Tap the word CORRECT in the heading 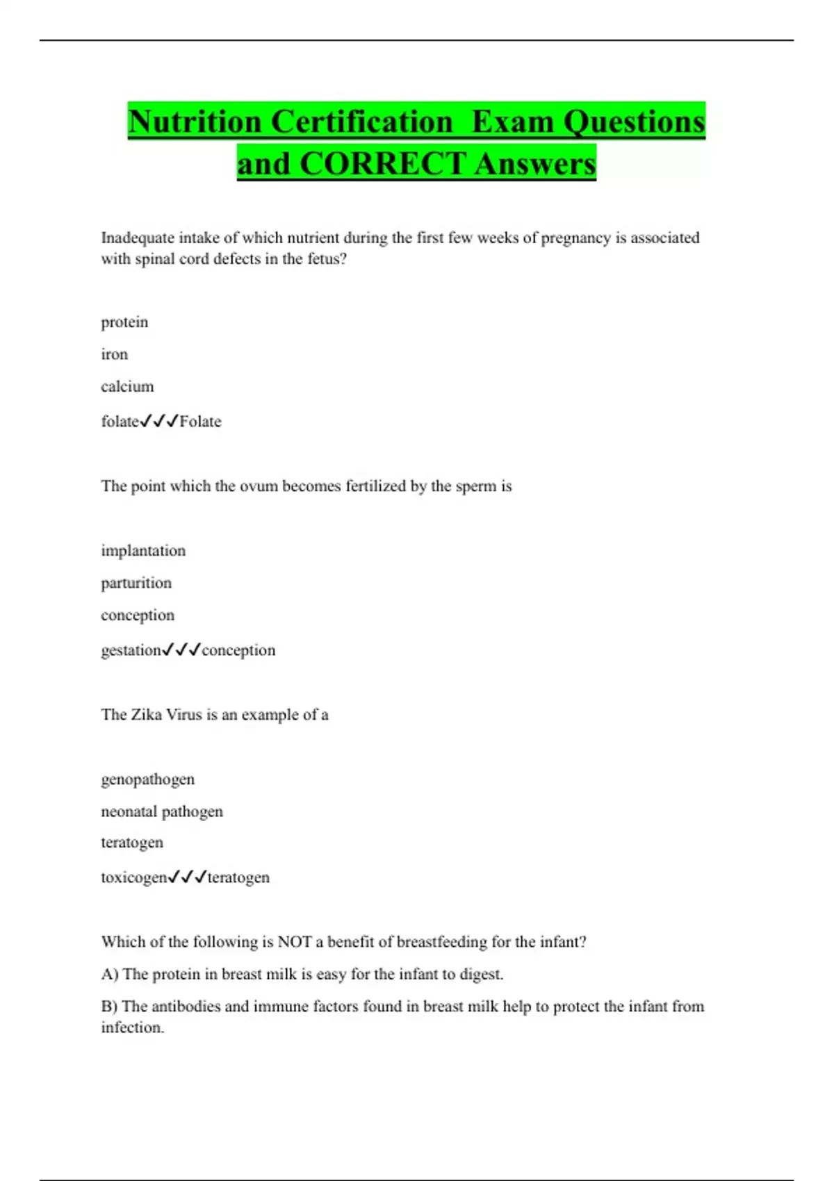click(x=382, y=164)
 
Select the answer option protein click(x=124, y=322)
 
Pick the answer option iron click(x=115, y=354)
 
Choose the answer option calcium click(x=127, y=386)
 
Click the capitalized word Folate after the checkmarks click(x=200, y=422)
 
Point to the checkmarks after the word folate click(x=159, y=421)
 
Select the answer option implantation click(x=143, y=551)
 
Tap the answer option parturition click(x=136, y=583)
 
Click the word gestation click(x=131, y=650)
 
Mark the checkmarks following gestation click(x=181, y=650)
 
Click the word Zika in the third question click(x=146, y=715)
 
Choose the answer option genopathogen click(x=147, y=779)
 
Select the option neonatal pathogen click(x=162, y=811)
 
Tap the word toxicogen click(x=134, y=877)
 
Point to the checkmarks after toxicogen click(x=188, y=877)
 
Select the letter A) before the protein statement click(x=109, y=974)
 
